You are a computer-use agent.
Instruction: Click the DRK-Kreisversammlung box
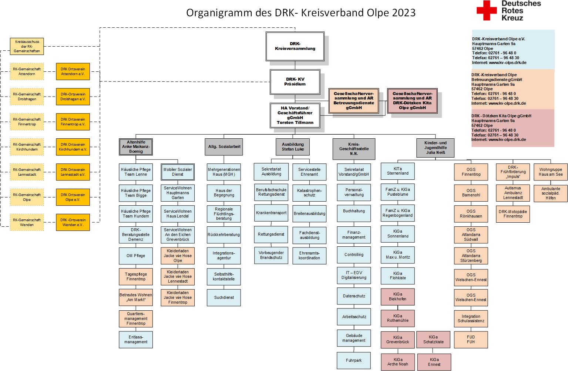[x=295, y=46]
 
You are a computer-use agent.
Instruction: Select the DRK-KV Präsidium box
[x=295, y=82]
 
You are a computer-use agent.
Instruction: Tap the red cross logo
[x=487, y=10]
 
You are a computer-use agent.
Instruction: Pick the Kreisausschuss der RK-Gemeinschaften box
[x=27, y=46]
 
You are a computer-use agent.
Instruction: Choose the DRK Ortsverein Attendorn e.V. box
[x=73, y=71]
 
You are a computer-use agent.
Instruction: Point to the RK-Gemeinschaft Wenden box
[x=27, y=222]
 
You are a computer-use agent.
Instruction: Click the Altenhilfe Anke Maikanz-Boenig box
[x=136, y=147]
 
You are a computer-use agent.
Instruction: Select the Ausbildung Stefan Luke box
[x=293, y=147]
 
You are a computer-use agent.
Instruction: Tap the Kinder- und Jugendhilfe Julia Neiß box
[x=436, y=148]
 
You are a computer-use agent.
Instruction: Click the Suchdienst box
[x=224, y=297]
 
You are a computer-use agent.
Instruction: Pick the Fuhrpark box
[x=354, y=360]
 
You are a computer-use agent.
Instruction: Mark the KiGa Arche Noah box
[x=398, y=362]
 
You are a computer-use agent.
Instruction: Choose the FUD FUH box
[x=471, y=340]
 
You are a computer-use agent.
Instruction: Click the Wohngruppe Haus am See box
[x=551, y=172]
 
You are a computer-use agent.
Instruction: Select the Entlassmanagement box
[x=136, y=340]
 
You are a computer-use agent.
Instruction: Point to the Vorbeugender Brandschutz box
[x=271, y=256]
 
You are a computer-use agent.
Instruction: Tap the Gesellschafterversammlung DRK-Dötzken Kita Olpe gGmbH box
[x=412, y=101]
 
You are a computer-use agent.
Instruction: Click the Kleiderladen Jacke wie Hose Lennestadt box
[x=178, y=276]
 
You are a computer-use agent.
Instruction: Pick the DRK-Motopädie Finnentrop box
[x=513, y=214]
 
